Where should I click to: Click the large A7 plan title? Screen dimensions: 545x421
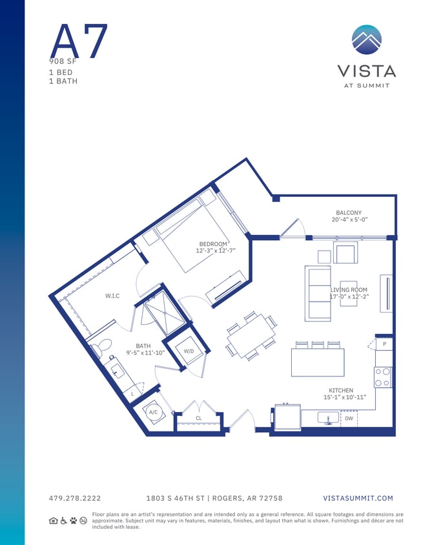(x=78, y=41)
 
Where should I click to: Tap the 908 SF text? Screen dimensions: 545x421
(x=63, y=61)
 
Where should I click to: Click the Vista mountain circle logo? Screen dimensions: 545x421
(x=366, y=40)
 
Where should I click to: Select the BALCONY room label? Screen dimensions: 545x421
(x=348, y=212)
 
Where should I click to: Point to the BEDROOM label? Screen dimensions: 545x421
(x=212, y=243)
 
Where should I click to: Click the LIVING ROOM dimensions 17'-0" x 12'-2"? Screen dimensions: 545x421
(x=349, y=297)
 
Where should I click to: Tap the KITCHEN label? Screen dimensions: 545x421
(x=340, y=390)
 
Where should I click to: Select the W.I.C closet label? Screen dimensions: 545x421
(x=112, y=296)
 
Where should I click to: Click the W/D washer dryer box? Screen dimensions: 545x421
(x=189, y=351)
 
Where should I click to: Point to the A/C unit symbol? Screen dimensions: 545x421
(x=154, y=412)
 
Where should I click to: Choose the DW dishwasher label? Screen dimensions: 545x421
(x=349, y=418)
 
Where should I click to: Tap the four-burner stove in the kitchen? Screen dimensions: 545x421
(x=383, y=376)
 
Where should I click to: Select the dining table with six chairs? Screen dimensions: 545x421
(x=251, y=336)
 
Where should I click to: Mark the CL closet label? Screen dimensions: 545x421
(x=199, y=418)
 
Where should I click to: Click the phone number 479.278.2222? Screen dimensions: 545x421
(x=75, y=498)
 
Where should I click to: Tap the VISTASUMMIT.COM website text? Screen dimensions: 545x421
(x=357, y=498)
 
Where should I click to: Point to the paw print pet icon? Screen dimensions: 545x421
(x=74, y=520)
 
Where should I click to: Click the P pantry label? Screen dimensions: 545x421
(x=384, y=344)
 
